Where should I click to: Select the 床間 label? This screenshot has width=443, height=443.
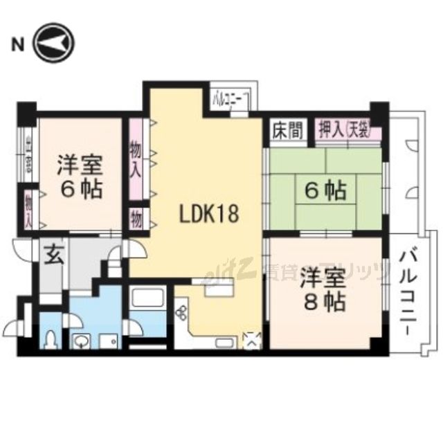coord(287,130)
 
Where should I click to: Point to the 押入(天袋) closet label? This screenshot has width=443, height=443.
coord(345,130)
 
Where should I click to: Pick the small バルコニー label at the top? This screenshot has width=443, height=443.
coord(230,98)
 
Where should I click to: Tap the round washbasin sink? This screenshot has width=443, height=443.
coord(81,341)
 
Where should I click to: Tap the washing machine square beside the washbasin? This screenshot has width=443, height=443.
coord(109,340)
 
